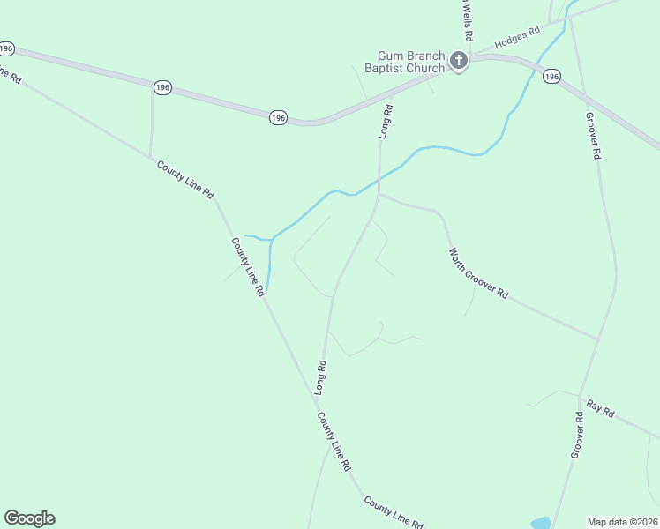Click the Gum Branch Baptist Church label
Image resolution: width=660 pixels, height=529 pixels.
(x=411, y=62)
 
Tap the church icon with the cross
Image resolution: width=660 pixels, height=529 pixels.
(x=458, y=61)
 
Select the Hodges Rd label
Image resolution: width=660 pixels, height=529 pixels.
(x=517, y=38)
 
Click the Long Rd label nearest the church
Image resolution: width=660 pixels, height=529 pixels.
(x=386, y=122)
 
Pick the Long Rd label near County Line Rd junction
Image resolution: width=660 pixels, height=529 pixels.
(x=322, y=376)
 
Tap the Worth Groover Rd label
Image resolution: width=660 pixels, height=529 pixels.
(x=478, y=274)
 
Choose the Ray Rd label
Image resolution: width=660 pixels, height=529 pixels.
(x=600, y=411)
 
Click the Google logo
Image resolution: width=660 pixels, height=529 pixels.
(x=29, y=518)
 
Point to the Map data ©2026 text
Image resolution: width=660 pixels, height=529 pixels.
(x=623, y=521)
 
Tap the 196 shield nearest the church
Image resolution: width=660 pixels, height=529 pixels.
(x=551, y=78)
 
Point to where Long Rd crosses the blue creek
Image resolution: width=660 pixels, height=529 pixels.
(x=379, y=182)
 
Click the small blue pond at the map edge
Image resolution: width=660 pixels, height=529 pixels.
(x=540, y=523)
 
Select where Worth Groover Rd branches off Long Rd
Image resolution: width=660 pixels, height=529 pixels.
(x=379, y=195)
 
